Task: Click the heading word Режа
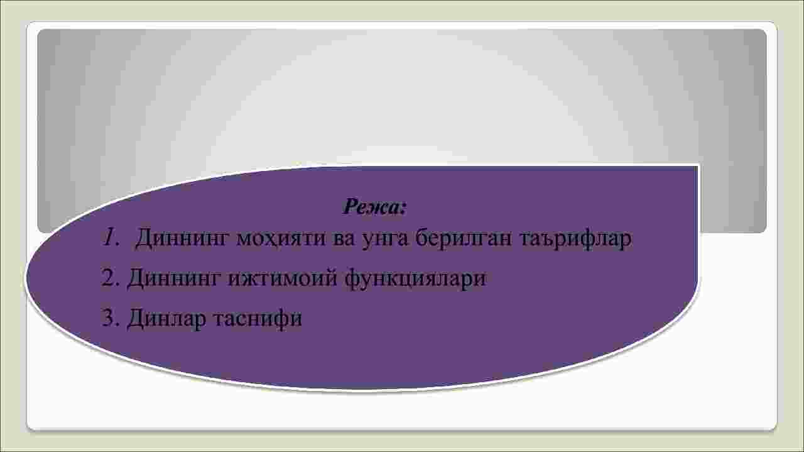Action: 371,207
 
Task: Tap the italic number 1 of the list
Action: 109,238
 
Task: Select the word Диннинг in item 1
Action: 182,239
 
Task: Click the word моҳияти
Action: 281,239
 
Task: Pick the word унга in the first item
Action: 386,240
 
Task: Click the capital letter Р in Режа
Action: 350,207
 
